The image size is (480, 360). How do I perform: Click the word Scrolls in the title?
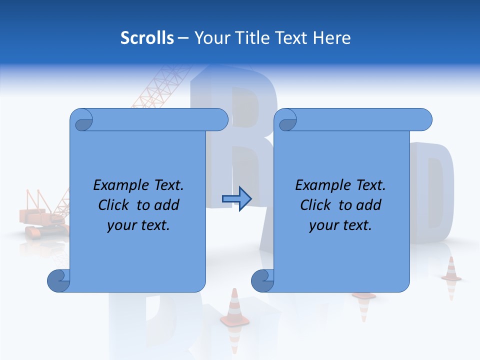147,38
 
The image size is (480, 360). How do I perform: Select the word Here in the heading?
331,38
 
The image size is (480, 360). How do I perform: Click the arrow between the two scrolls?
236,199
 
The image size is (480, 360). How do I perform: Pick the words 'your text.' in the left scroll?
138,225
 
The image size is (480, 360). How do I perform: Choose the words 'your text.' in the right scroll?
340,225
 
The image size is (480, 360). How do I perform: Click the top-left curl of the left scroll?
81,120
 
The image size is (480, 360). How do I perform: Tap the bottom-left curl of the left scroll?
58,280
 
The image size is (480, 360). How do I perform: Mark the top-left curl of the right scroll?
285,120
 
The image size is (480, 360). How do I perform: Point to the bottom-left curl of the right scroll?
262,280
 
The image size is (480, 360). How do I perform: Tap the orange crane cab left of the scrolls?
37,216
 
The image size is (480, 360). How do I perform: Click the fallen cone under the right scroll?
364,295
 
